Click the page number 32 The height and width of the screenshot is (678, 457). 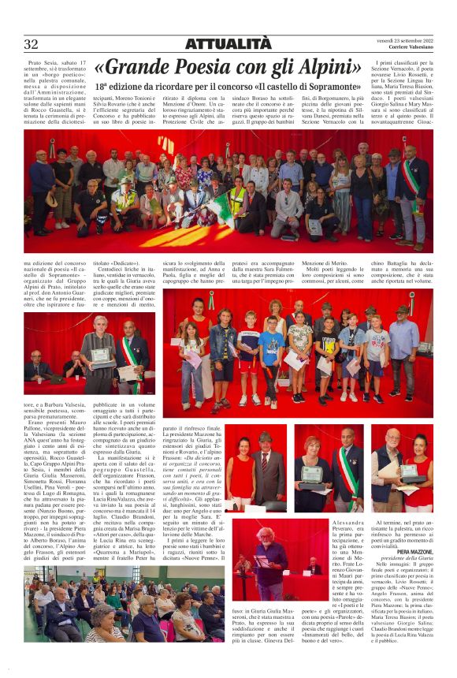pos(32,44)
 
